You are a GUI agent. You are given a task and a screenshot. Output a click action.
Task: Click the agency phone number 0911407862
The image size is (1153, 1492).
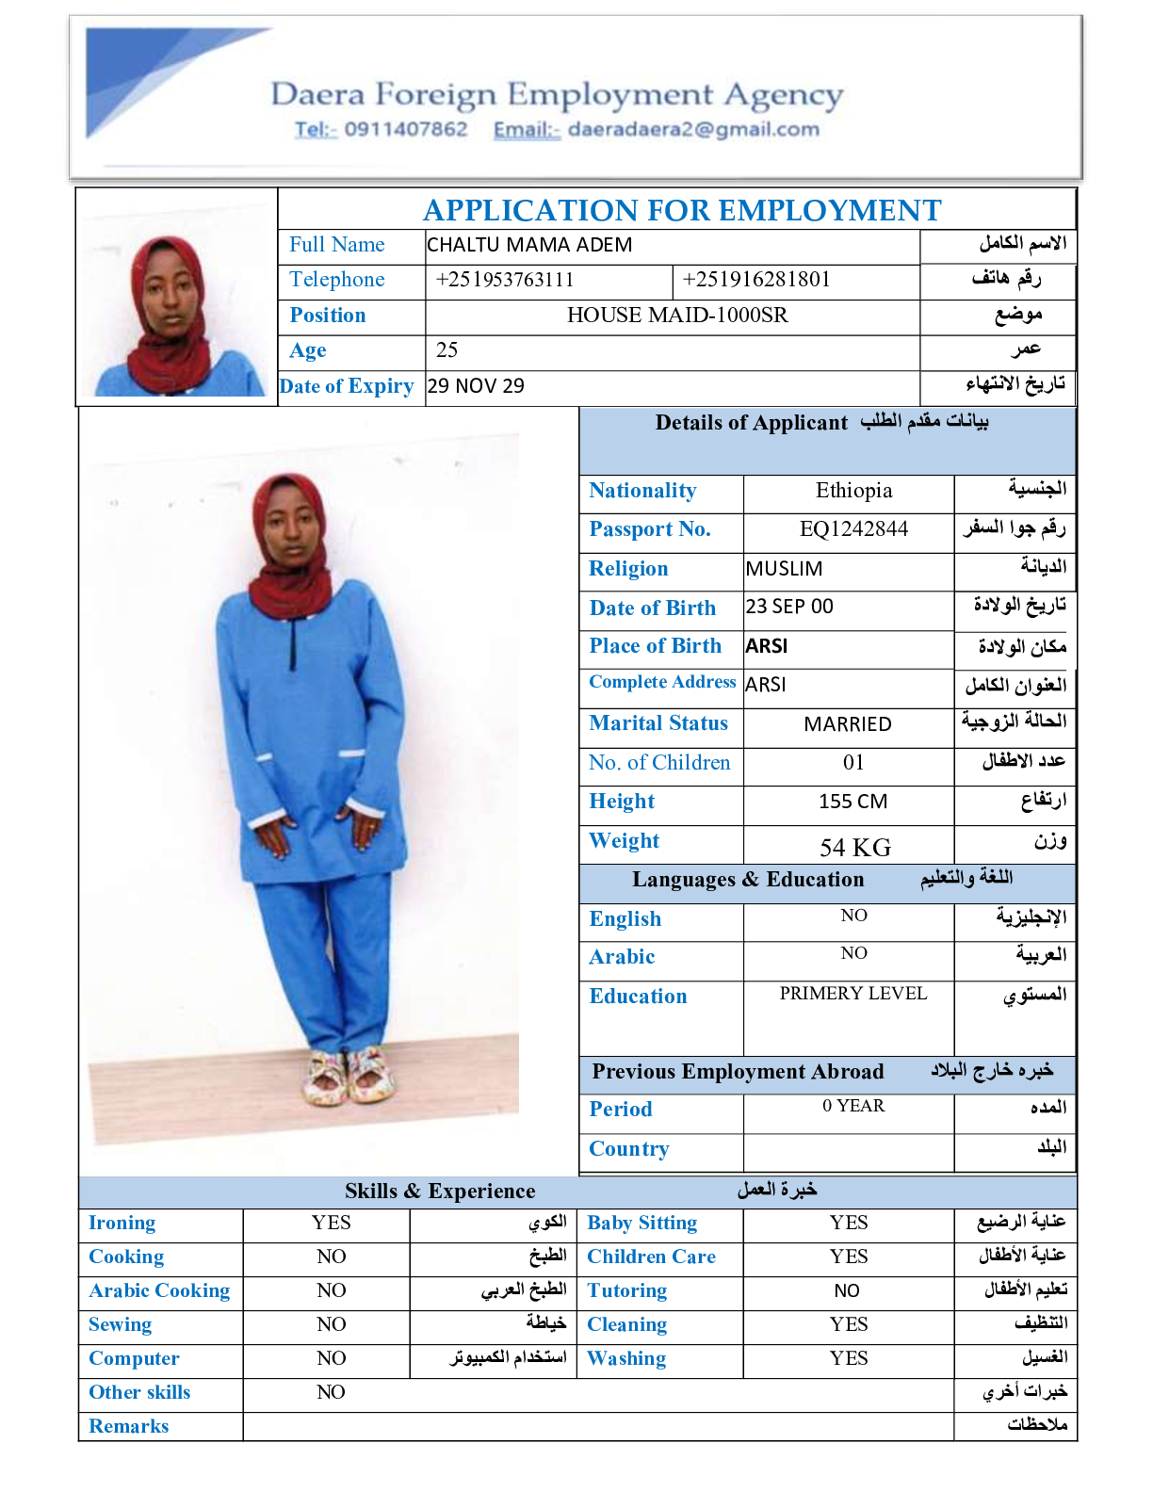coord(405,129)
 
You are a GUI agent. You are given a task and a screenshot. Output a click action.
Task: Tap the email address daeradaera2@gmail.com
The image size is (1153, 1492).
coord(693,129)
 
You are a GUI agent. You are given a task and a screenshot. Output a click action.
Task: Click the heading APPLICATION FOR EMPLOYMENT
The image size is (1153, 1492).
coord(682,210)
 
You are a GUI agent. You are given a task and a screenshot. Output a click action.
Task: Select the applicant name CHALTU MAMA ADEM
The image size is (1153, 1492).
coord(529,245)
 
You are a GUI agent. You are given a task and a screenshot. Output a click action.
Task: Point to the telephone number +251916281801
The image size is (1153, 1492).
coord(756,280)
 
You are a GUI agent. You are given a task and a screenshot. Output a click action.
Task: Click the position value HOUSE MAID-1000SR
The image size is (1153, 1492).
coord(677,315)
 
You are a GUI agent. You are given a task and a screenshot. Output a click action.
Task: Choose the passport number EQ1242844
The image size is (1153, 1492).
coord(853,529)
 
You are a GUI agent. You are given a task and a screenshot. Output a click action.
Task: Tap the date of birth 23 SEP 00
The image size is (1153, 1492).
coord(789,607)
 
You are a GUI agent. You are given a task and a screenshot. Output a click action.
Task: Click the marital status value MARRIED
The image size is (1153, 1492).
coord(848,724)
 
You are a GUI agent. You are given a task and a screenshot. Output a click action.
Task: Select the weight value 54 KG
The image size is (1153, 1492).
coord(854,847)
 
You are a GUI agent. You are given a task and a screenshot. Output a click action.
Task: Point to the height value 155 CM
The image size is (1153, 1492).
coord(853,802)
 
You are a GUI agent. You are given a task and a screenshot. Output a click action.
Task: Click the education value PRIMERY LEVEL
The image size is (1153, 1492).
coord(853,994)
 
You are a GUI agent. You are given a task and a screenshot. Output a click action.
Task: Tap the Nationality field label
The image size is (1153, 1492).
coord(642,491)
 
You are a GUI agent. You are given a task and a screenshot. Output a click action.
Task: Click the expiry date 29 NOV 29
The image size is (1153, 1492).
coord(476,386)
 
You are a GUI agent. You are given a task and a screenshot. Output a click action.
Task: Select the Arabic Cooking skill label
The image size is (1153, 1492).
coord(159,1290)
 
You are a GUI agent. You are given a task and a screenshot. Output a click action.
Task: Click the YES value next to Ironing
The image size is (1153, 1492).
coord(331,1223)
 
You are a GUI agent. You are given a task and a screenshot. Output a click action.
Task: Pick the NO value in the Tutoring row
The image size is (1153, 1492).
coord(847,1290)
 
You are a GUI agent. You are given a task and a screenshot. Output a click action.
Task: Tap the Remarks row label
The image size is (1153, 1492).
coord(129,1426)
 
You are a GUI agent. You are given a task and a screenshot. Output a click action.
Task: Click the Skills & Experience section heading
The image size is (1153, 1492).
coord(440,1191)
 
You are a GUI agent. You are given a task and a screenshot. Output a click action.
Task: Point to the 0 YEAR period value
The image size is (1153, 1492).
coord(853,1106)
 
